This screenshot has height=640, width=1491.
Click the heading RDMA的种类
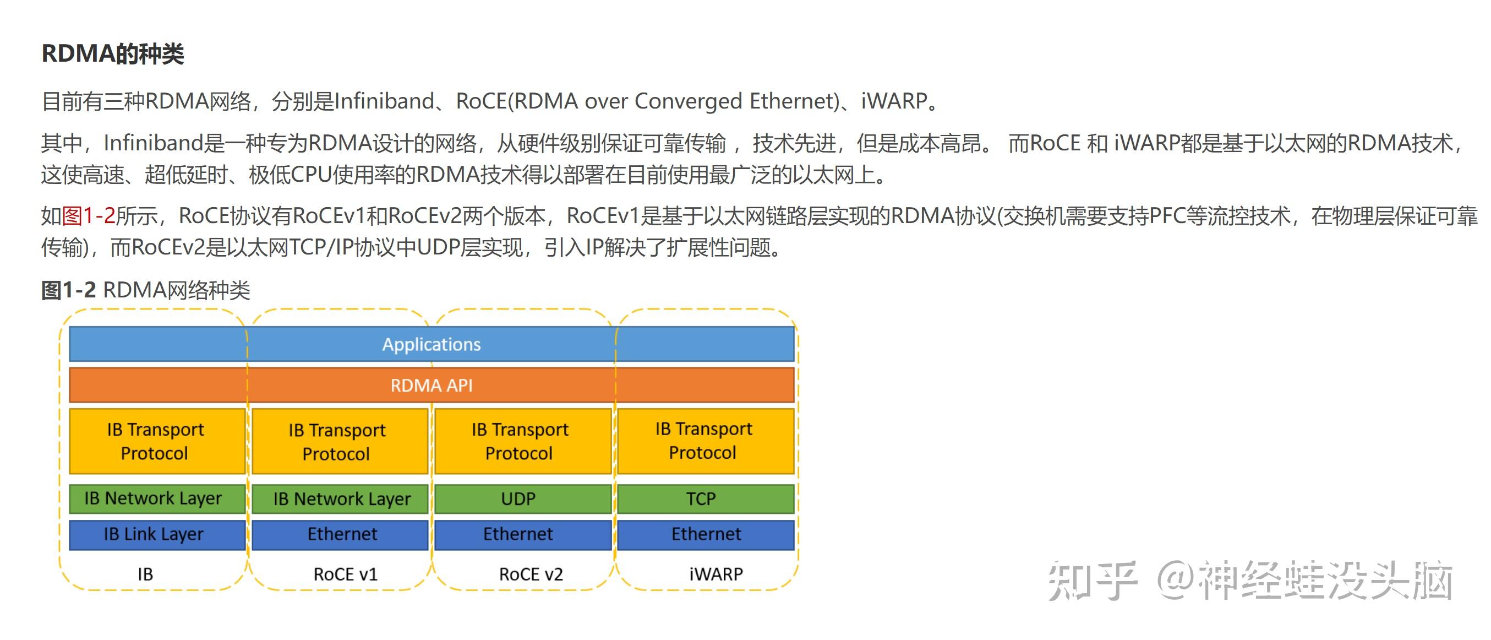(113, 54)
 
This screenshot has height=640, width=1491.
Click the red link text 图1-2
(89, 216)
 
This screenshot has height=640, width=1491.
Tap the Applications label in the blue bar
(431, 344)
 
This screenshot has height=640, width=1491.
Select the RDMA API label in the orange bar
(431, 385)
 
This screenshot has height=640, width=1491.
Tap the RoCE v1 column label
(346, 574)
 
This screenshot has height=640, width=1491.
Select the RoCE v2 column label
(531, 574)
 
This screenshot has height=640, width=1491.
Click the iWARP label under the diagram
(716, 574)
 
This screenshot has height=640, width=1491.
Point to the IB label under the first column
(145, 574)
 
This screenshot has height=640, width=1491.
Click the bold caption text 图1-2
(68, 290)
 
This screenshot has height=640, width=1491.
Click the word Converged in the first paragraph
(688, 101)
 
